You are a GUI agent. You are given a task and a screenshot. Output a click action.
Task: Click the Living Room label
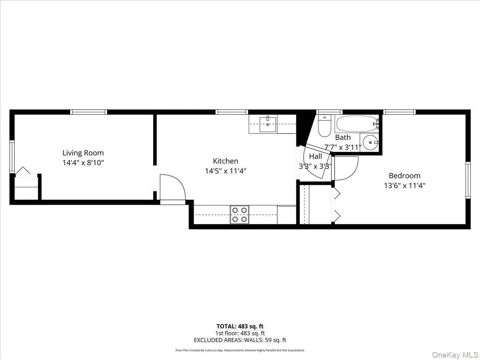[x=83, y=153]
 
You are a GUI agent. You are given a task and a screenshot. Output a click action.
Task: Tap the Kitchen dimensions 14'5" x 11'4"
[x=225, y=171]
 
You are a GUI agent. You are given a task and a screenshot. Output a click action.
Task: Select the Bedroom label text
[x=404, y=176]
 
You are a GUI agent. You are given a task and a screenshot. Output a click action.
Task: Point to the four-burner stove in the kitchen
[x=239, y=214]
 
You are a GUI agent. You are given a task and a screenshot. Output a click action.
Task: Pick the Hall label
[x=315, y=156]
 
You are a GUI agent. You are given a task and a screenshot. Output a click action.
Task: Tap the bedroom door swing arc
[x=346, y=168]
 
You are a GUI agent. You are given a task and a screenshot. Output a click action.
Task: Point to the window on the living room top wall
[x=89, y=112]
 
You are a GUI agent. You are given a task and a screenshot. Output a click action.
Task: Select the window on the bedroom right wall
[x=468, y=180]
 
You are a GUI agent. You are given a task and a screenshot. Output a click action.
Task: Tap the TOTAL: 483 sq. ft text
[x=240, y=326]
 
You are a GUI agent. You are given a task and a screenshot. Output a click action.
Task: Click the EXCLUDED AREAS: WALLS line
[x=240, y=340]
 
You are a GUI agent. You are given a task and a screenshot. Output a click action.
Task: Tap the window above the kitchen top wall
[x=232, y=112]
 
